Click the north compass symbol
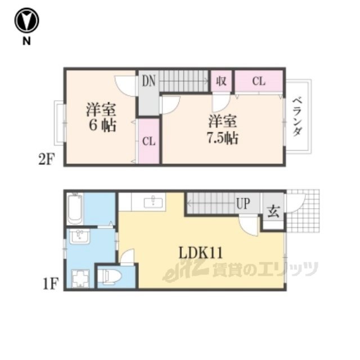pyautogui.click(x=26, y=20)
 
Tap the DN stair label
pyautogui.click(x=148, y=81)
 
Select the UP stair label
pyautogui.click(x=243, y=204)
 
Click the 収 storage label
pyautogui.click(x=221, y=81)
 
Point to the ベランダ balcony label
pyautogui.click(x=298, y=117)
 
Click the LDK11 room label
pyautogui.click(x=201, y=253)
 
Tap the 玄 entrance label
pyautogui.click(x=274, y=211)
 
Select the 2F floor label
pyautogui.click(x=47, y=159)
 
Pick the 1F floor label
pyautogui.click(x=51, y=283)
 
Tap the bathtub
pyautogui.click(x=75, y=209)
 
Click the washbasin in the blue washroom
pyautogui.click(x=80, y=237)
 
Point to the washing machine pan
pyautogui.click(x=80, y=278)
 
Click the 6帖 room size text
pyautogui.click(x=102, y=125)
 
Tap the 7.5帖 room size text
pyautogui.click(x=223, y=138)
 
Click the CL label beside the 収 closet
pyautogui.click(x=259, y=81)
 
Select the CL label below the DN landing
pyautogui.click(x=148, y=141)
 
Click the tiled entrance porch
pyautogui.click(x=303, y=211)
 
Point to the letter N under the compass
pyautogui.click(x=26, y=41)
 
